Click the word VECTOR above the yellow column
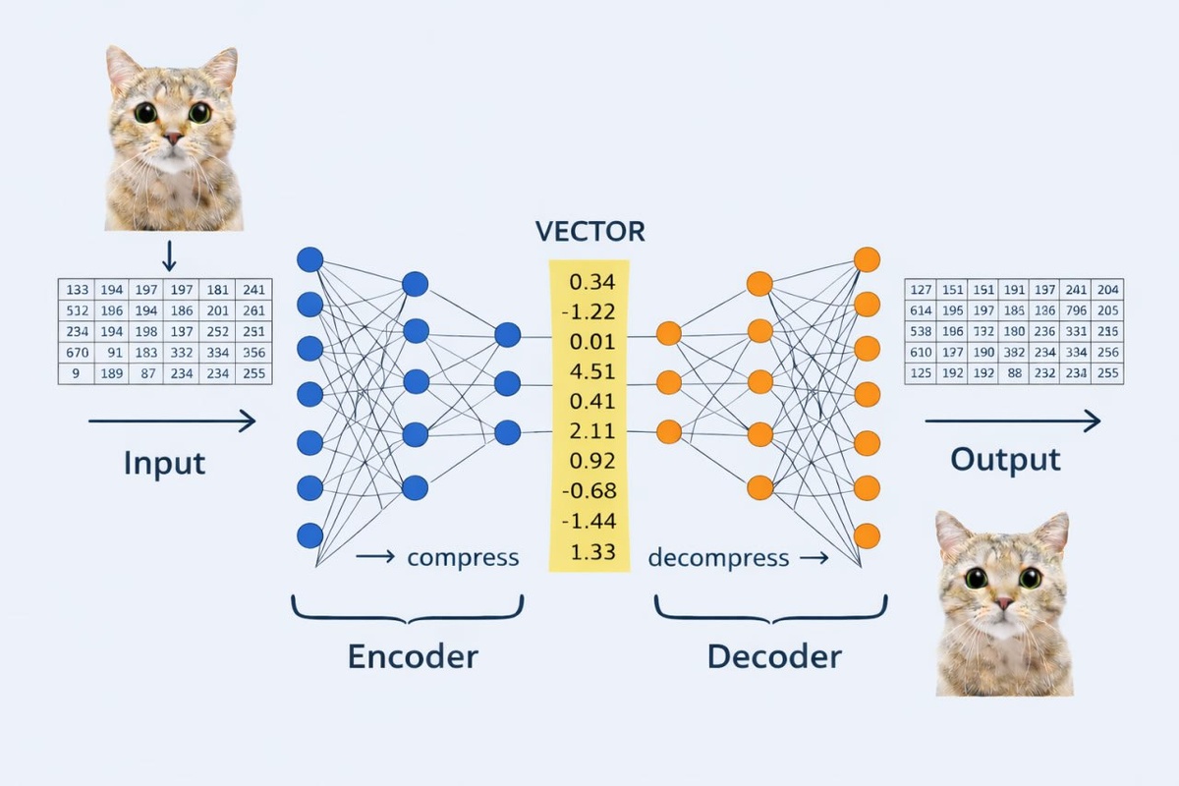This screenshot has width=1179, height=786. click(590, 232)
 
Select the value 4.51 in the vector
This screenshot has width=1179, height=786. click(591, 371)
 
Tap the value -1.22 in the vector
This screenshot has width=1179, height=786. click(589, 312)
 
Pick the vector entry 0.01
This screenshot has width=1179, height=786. click(591, 342)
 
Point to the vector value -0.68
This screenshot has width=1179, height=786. click(589, 490)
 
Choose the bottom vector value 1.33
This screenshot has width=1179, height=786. click(591, 551)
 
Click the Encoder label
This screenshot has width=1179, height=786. click(413, 655)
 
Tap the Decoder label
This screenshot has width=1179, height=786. click(774, 655)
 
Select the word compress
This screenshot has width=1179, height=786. click(463, 558)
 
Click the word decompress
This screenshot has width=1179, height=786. click(718, 558)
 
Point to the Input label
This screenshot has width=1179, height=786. click(165, 462)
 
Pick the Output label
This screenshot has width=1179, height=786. click(1005, 459)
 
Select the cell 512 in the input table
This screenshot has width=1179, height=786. click(78, 310)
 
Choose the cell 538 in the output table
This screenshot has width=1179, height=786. click(922, 331)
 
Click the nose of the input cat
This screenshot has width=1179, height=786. click(173, 139)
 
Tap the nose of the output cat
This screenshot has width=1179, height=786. click(1003, 602)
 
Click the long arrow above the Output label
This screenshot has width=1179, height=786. click(1012, 421)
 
